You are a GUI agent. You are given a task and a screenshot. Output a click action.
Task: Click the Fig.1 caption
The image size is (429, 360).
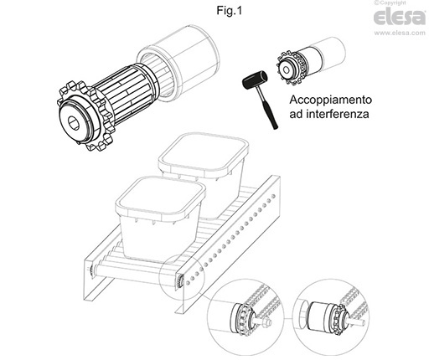[x=230, y=11]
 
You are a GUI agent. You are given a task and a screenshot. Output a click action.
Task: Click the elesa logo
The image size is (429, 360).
[x=400, y=17]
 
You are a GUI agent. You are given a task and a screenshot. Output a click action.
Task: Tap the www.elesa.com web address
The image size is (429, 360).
[x=400, y=33]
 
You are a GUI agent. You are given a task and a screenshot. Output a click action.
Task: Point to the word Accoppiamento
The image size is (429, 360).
[x=331, y=100]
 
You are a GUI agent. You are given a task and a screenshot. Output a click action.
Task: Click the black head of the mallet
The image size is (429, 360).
[x=255, y=80]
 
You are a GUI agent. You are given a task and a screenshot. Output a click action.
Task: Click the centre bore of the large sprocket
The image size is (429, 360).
[x=74, y=122]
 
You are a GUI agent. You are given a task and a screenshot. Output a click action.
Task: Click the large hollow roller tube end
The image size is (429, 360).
[x=178, y=63]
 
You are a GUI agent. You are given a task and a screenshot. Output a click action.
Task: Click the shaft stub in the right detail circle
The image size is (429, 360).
[x=358, y=323]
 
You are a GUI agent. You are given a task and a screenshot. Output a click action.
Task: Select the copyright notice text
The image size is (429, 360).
[x=390, y=3]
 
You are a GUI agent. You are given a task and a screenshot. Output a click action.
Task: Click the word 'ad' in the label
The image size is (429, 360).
[x=296, y=114]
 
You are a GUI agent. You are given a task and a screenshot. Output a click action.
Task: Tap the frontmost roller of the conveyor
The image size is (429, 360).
[x=137, y=272]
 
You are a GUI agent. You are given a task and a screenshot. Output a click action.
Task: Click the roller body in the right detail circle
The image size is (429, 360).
[x=319, y=316]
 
